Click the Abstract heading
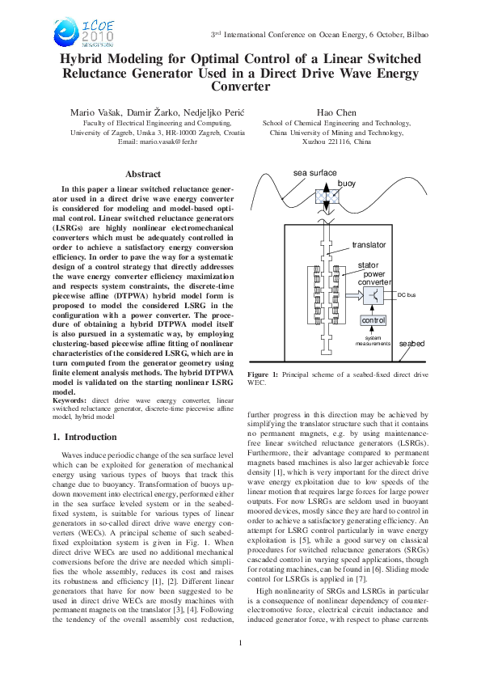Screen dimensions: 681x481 143,174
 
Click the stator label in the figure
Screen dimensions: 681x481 368,264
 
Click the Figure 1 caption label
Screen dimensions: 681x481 263,375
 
